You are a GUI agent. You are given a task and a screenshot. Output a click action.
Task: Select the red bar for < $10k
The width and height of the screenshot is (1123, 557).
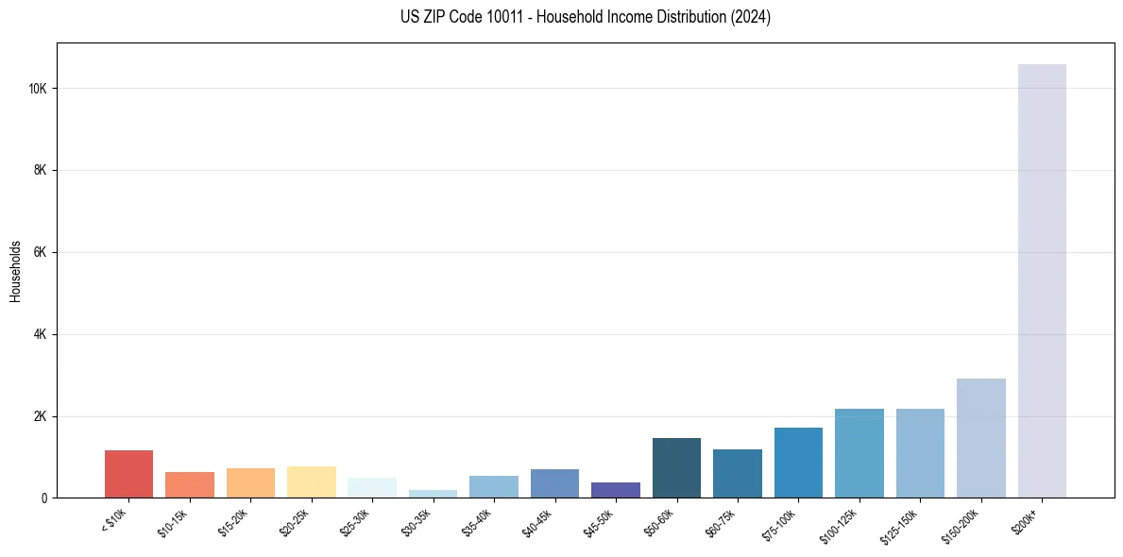128,474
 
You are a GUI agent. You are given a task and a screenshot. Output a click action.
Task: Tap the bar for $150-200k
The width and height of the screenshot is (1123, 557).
980,438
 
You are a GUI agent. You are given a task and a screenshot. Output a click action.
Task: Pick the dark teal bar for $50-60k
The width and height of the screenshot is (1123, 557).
676,467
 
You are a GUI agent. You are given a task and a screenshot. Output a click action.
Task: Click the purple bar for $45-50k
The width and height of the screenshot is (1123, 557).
616,490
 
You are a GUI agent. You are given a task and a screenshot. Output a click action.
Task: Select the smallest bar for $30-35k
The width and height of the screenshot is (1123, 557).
433,494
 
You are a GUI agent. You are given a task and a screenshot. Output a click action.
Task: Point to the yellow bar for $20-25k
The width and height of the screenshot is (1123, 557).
311,481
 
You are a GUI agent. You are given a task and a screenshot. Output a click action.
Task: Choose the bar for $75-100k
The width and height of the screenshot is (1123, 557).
798,463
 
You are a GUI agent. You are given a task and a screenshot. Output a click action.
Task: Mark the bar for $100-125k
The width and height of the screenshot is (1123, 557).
859,453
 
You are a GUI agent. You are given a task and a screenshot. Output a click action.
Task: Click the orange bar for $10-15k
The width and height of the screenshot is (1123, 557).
190,484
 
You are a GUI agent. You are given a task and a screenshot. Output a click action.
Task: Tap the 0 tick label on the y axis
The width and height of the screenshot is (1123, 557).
44,498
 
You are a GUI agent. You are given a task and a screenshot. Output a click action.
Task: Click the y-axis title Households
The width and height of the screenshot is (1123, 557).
15,270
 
